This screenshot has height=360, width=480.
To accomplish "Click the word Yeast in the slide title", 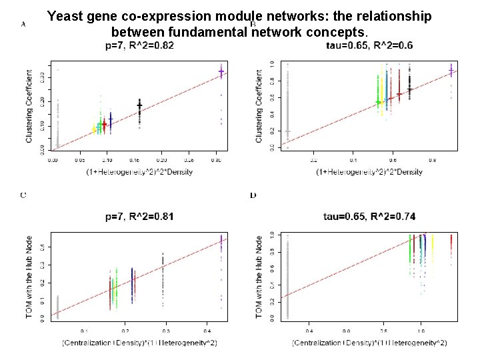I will pyautogui.click(x=67, y=16).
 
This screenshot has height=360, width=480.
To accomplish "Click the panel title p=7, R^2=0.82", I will pyautogui.click(x=140, y=45).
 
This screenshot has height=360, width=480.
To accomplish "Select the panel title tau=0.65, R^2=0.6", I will pyautogui.click(x=369, y=45).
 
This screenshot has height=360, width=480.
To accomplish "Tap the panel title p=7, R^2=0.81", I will pyautogui.click(x=140, y=217).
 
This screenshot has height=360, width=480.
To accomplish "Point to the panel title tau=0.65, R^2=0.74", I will pyautogui.click(x=369, y=217).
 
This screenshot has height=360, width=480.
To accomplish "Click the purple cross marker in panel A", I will pyautogui.click(x=221, y=71).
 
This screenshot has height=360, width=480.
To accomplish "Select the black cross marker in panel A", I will pyautogui.click(x=139, y=105).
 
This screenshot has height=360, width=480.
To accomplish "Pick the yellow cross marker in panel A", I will pyautogui.click(x=95, y=130).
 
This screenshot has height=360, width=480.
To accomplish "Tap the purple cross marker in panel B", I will pyautogui.click(x=451, y=70).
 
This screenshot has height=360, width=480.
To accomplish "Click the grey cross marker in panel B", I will pyautogui.click(x=288, y=131).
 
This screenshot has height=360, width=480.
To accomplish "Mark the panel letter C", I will pyautogui.click(x=23, y=195).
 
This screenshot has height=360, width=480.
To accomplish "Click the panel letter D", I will pyautogui.click(x=253, y=195).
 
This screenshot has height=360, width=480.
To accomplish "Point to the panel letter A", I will pyautogui.click(x=23, y=24).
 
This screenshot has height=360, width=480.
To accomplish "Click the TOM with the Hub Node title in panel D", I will pyautogui.click(x=260, y=277).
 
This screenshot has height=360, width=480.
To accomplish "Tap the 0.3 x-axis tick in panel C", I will pyautogui.click(x=165, y=331).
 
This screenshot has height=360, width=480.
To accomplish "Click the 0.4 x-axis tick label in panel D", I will pyautogui.click(x=309, y=331).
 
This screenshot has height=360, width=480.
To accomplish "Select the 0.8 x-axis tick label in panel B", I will pyautogui.click(x=432, y=160).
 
